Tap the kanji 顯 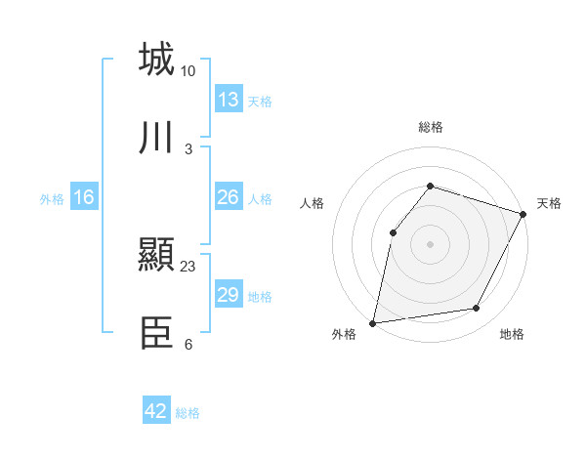coord(156,256)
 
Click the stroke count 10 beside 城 coord(188,70)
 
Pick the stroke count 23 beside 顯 coord(188,267)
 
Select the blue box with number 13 coord(229,100)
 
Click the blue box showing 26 coord(229,197)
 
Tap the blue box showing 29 coord(229,295)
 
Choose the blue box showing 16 coord(84,197)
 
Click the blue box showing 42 coord(156,411)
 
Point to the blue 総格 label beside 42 coord(188,413)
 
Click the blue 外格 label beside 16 coord(52,199)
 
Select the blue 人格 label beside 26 coord(260,199)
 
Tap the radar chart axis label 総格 coord(430,127)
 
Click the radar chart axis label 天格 coord(549,203)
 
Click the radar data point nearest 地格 coord(477,309)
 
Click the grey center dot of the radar coord(430,243)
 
